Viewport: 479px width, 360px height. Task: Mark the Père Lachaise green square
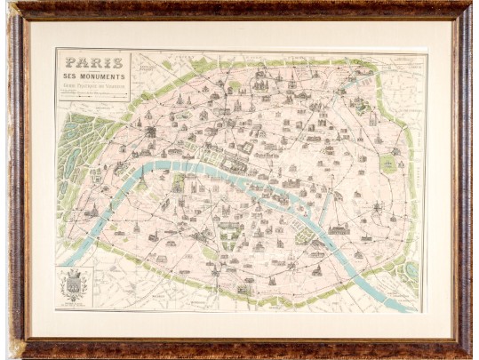point(387,164)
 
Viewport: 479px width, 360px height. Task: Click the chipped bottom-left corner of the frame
point(16,348)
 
